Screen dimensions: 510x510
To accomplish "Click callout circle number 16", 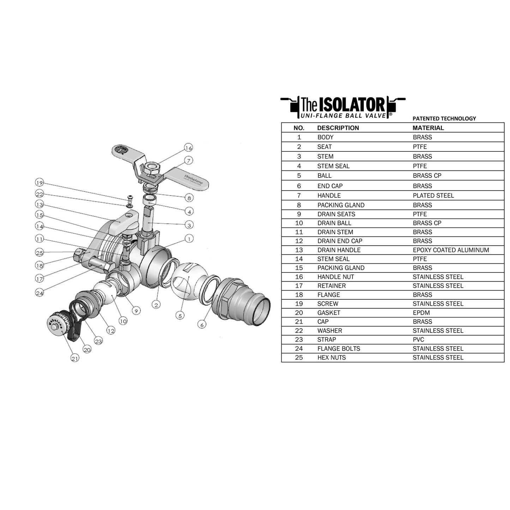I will point(188,148).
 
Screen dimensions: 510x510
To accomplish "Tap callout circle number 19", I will point(39,182).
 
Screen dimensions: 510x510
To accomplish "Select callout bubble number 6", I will point(202,324).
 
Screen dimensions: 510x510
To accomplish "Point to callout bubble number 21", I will point(75,358).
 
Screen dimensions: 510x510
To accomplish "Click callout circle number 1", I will point(189,239).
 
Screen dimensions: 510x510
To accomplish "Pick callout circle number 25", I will point(40,252).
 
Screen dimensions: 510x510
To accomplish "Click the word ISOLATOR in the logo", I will point(352,105).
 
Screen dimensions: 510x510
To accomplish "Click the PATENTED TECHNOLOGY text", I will point(444,119).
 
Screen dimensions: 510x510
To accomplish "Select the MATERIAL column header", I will point(428,128).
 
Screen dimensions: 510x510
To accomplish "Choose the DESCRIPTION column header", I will point(338,128).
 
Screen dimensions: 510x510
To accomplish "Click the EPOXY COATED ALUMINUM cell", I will point(451,250).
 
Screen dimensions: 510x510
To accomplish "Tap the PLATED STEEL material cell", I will point(433,196).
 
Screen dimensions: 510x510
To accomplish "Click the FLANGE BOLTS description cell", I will point(338,349).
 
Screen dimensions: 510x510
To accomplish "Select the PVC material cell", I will point(418,340).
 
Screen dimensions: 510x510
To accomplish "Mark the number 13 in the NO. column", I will point(299,250).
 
